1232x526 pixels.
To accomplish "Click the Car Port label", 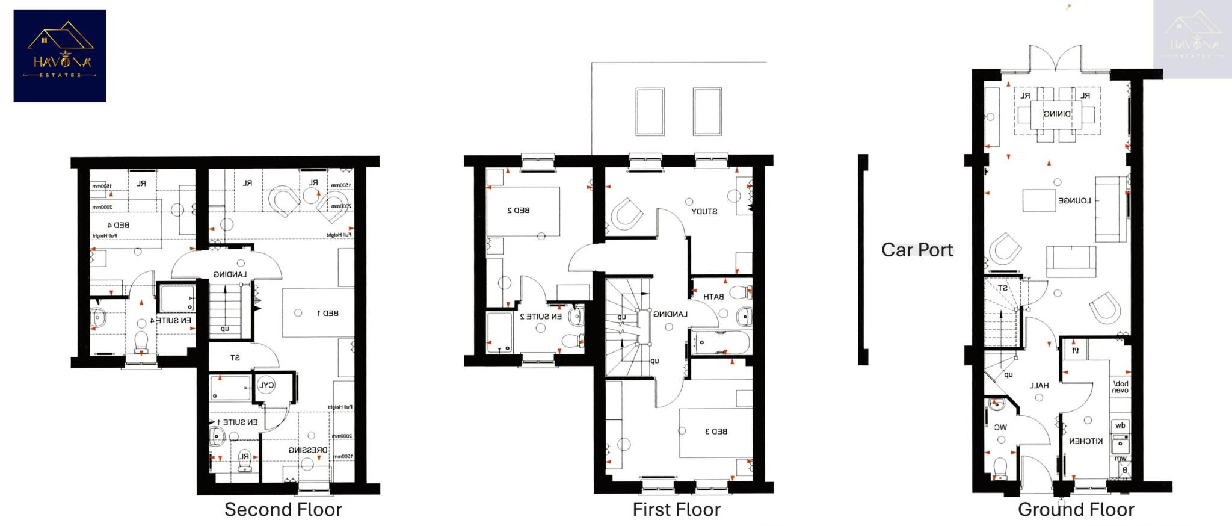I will click(917, 250).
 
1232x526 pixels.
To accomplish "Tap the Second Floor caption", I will click(283, 510).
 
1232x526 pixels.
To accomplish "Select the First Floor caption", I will click(676, 510).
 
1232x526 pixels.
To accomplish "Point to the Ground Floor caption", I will click(1076, 510).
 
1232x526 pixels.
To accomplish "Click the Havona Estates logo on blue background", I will click(60, 55).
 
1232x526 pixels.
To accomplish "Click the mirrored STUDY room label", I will click(704, 212).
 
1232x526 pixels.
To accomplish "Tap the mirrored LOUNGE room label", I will click(1074, 201).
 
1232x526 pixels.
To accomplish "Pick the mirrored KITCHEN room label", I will click(1086, 441).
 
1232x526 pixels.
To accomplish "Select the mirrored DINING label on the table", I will click(1056, 114).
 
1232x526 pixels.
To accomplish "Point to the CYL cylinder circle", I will click(266, 386).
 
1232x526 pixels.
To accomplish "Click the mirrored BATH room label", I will click(713, 297).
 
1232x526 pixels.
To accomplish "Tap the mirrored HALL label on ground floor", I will click(1039, 386).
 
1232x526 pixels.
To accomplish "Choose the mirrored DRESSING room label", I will click(308, 450).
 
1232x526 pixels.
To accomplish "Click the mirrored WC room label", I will click(1000, 427).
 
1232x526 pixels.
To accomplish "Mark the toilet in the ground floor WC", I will click(1000, 467).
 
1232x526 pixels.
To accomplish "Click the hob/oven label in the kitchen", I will click(1120, 387).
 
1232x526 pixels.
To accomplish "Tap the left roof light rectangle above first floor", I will click(650, 112).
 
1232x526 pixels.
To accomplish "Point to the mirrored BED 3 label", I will click(716, 432).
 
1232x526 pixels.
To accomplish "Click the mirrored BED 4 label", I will click(119, 225).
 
